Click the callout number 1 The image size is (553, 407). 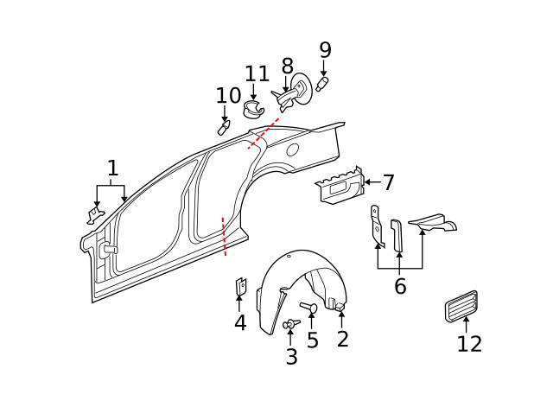[x=112, y=167]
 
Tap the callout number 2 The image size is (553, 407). [x=342, y=339]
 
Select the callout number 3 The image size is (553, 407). [x=291, y=356]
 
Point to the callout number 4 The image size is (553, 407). [x=240, y=323]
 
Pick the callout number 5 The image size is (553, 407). [x=312, y=340]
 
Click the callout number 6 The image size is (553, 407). [x=400, y=287]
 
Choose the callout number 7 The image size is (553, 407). [x=389, y=182]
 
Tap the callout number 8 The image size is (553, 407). [x=287, y=66]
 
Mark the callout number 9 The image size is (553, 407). [x=325, y=49]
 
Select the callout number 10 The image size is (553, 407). [x=229, y=95]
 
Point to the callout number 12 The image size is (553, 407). [x=469, y=343]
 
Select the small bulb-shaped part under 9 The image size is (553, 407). [x=324, y=85]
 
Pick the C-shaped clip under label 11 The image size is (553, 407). [x=253, y=109]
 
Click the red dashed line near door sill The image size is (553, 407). [x=225, y=237]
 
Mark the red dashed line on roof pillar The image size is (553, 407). [x=264, y=133]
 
